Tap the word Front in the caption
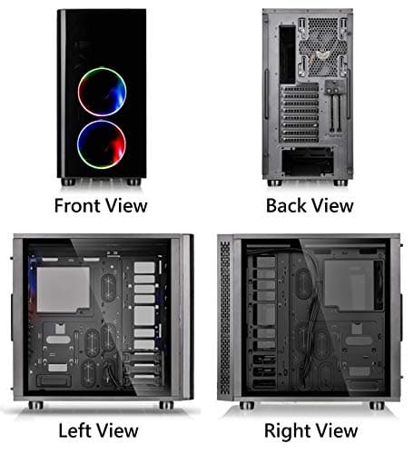(76, 205)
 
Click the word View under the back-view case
(331, 205)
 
